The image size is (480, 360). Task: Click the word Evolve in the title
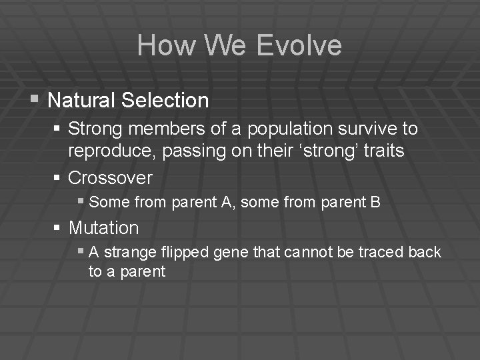[x=299, y=46]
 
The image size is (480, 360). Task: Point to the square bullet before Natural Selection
[x=35, y=100]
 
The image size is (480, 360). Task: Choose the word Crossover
[x=110, y=178]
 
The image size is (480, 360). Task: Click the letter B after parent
[x=375, y=202]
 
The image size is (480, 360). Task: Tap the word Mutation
[x=103, y=228]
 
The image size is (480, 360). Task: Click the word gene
[x=247, y=252]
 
